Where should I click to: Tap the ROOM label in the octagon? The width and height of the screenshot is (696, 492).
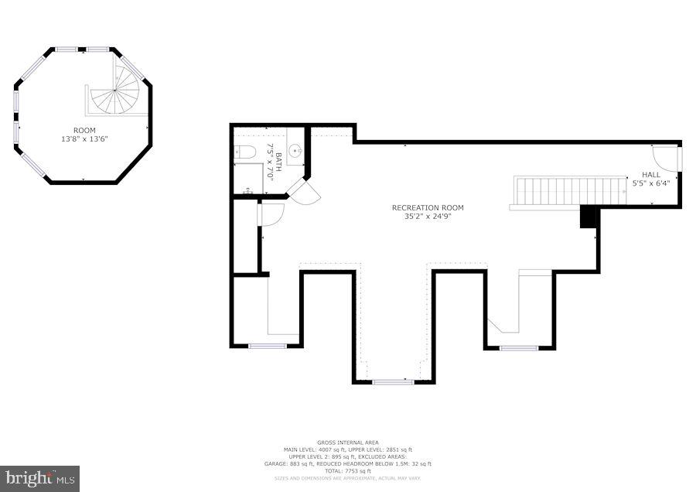pyautogui.click(x=84, y=130)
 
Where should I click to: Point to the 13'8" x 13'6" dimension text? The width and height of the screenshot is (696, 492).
pyautogui.click(x=84, y=139)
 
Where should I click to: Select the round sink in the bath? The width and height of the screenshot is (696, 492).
pyautogui.click(x=295, y=151)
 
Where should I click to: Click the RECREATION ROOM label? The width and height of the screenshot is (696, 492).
pyautogui.click(x=428, y=207)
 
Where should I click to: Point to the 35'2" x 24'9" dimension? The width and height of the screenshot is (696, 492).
pyautogui.click(x=428, y=217)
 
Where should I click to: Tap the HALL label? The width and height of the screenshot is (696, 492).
pyautogui.click(x=650, y=175)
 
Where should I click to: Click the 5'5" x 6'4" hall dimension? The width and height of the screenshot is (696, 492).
pyautogui.click(x=650, y=184)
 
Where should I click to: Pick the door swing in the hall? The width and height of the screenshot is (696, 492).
pyautogui.click(x=664, y=158)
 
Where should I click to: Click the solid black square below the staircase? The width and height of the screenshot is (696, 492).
pyautogui.click(x=589, y=217)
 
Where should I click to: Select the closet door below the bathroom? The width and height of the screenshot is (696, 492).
pyautogui.click(x=270, y=213)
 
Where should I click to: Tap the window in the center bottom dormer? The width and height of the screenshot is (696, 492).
pyautogui.click(x=393, y=381)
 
